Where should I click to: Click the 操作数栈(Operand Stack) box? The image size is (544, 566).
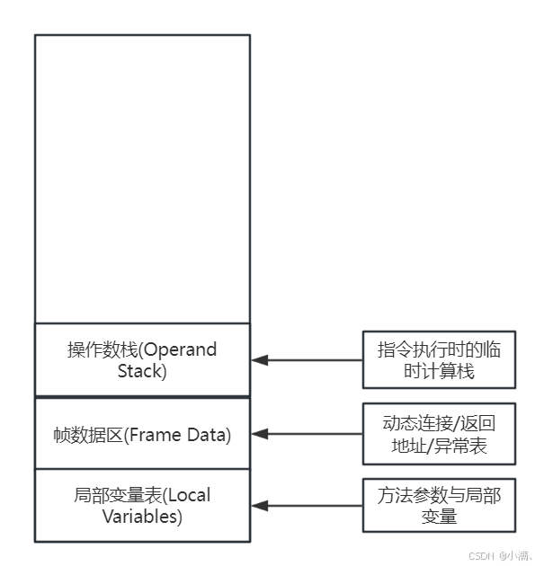142,359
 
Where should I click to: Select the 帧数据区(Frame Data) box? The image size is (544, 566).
142,434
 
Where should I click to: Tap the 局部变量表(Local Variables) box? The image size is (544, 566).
142,505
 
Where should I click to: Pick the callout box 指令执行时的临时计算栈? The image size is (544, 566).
439,360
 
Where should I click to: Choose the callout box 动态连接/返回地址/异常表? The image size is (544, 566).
439,434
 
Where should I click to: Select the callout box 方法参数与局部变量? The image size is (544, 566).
439,505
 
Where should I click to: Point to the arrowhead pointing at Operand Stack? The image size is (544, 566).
259,360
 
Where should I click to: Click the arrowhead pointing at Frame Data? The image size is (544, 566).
259,434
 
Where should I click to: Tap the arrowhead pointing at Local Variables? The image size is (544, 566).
259,505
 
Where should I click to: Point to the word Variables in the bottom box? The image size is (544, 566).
142,516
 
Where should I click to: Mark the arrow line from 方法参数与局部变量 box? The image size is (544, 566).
315,505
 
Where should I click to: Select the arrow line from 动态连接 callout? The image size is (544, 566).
315,434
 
